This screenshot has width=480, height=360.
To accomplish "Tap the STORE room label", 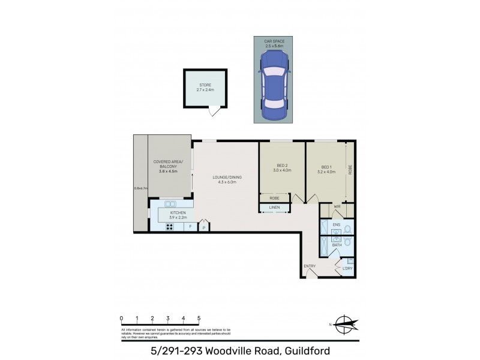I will (205, 86).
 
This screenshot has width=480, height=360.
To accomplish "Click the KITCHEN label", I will (178, 213).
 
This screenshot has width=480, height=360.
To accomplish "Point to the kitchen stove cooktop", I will (170, 227).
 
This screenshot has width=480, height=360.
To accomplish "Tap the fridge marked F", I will (190, 227).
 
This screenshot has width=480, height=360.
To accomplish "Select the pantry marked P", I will (204, 227).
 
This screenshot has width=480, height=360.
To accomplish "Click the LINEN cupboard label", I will (274, 208).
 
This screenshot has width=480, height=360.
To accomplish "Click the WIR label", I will (337, 208).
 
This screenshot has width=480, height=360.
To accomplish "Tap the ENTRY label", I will (310, 266).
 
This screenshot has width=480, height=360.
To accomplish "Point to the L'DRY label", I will (347, 268).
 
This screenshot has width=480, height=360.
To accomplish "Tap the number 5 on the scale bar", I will (198, 318).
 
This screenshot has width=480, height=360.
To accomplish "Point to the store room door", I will (214, 112).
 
